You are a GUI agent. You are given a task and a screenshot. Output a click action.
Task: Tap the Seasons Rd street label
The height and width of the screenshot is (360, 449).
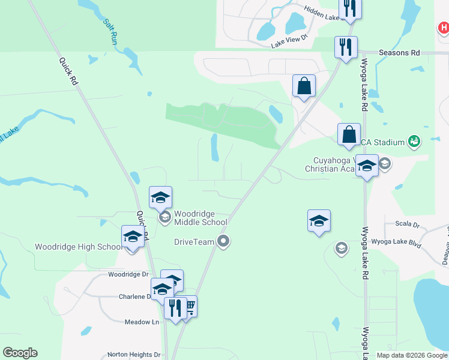click(x=399, y=53)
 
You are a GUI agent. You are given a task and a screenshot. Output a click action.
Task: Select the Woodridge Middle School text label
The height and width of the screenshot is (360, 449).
click(x=200, y=218)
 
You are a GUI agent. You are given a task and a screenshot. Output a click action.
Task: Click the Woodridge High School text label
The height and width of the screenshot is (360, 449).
click(x=78, y=247)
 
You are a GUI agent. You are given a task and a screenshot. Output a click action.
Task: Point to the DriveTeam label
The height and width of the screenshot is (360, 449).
click(x=194, y=242)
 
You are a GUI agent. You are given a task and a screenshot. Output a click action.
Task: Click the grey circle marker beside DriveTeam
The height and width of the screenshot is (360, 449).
click(x=224, y=242)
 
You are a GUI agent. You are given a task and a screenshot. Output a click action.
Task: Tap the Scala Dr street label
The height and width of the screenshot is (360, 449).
click(x=408, y=224)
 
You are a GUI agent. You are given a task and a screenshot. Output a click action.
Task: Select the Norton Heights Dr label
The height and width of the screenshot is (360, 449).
click(x=133, y=355)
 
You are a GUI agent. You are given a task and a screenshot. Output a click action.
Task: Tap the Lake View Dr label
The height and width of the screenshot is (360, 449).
click(x=289, y=41)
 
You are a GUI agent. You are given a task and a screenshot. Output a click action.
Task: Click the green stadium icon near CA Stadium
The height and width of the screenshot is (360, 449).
click(x=414, y=142)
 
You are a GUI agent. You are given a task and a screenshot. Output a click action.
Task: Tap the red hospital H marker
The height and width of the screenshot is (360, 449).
click(x=443, y=28)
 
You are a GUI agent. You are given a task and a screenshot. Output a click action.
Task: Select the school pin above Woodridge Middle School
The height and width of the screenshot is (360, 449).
click(x=161, y=197)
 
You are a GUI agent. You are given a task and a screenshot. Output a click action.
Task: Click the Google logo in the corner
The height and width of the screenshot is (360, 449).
click(x=20, y=353)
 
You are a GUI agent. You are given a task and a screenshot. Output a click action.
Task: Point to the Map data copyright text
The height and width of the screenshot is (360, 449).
click(x=412, y=355)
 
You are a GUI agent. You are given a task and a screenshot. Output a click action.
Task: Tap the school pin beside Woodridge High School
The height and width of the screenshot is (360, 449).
click(x=133, y=236)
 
